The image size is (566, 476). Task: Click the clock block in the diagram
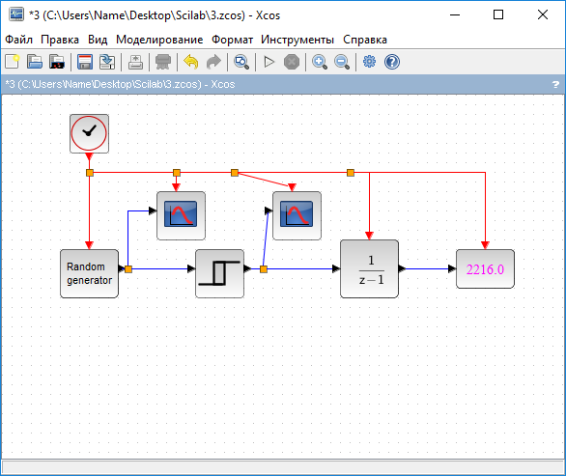89,133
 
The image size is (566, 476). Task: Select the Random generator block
89,273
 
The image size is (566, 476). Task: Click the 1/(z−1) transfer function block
369,268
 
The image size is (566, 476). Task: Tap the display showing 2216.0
485,268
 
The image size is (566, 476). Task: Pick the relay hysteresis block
219,273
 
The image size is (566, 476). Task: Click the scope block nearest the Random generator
181,215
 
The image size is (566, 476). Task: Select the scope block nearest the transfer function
297,215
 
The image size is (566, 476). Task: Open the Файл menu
18,40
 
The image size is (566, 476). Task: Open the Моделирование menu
159,40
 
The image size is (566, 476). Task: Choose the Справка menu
364,40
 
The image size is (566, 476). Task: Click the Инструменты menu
297,40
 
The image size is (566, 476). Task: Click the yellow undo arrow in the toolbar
191,62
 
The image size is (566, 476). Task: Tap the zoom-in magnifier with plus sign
320,62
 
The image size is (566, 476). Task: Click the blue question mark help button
391,62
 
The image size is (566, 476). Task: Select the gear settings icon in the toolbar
369,62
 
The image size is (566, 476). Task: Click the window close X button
543,14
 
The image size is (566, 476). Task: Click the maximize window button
498,14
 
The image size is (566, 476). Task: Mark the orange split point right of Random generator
128,269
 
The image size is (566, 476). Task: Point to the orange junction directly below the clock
90,173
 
